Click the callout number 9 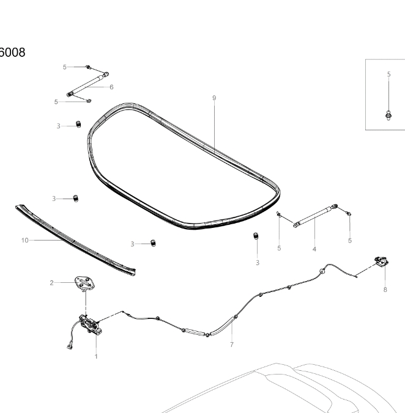[214, 98]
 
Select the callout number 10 [25, 240]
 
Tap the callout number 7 [231, 345]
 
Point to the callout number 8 [385, 290]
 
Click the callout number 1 [96, 356]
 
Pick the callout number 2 [51, 283]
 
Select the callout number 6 [111, 87]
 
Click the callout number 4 [314, 249]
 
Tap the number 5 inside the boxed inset [388, 75]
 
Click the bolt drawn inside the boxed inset [388, 115]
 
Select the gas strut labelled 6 [88, 84]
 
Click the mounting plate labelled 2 [84, 283]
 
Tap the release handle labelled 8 [382, 262]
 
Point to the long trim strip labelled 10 [75, 240]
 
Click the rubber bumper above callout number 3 [256, 236]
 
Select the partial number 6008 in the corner [12, 53]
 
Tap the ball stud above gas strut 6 [89, 67]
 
